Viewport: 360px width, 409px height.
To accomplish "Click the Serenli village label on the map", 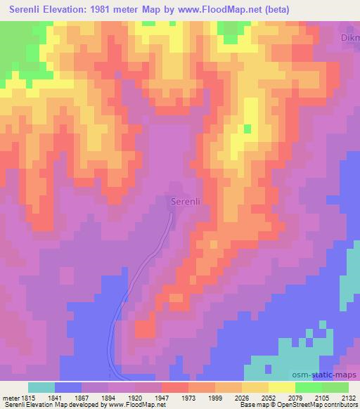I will pyautogui.click(x=186, y=202).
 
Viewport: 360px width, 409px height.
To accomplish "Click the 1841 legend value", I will pyautogui.click(x=55, y=398).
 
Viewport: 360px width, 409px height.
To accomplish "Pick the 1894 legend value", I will pyautogui.click(x=109, y=398).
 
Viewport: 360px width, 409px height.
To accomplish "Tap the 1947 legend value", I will pyautogui.click(x=162, y=398).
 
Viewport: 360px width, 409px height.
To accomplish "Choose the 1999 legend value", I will pyautogui.click(x=215, y=398).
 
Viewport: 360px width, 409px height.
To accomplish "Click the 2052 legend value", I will pyautogui.click(x=269, y=398).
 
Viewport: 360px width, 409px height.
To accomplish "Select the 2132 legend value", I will pyautogui.click(x=349, y=398).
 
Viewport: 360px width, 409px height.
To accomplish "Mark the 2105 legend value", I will pyautogui.click(x=322, y=398).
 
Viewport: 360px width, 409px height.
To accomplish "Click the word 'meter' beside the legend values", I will pyautogui.click(x=11, y=398).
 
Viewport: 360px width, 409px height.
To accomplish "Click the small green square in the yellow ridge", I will pyautogui.click(x=247, y=129).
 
